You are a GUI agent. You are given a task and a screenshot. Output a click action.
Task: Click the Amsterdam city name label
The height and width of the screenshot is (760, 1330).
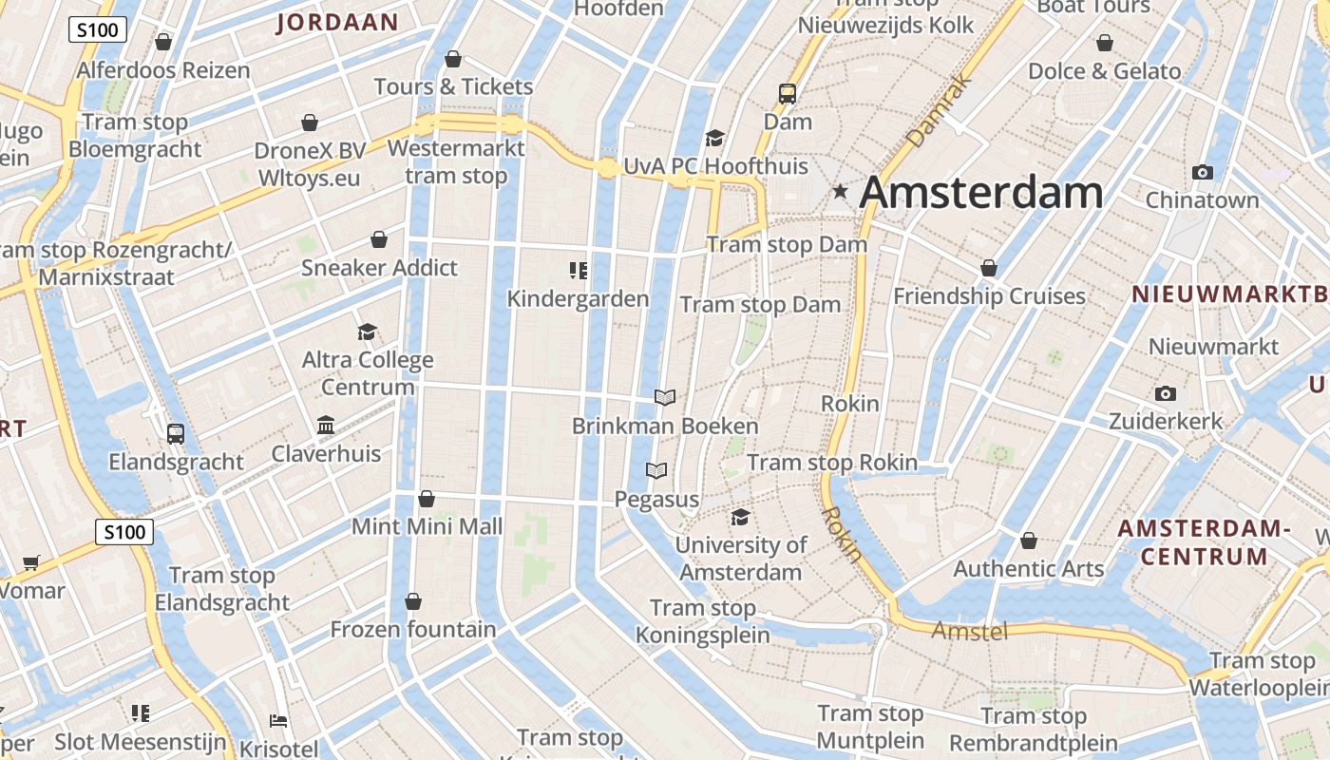point(980,193)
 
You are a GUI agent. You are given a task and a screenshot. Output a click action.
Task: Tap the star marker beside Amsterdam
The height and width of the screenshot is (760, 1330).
point(840,192)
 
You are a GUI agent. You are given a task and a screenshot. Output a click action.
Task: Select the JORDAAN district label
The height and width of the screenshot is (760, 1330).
point(337,23)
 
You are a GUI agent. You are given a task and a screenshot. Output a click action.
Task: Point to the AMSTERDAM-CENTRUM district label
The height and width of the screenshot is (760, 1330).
point(1205,542)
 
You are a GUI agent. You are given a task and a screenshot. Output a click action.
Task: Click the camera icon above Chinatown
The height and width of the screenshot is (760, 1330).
point(1203,172)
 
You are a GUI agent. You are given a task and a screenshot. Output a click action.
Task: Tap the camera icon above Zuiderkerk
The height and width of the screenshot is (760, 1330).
point(1166,393)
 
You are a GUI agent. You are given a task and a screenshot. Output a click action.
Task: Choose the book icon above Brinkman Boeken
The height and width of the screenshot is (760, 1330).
point(665,397)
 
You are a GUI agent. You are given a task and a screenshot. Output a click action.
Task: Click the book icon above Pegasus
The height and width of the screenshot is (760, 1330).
point(656,470)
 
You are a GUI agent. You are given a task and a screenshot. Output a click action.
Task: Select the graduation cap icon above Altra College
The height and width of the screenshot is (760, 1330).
point(367,332)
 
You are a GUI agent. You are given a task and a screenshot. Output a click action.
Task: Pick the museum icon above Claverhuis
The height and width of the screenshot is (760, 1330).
point(326,425)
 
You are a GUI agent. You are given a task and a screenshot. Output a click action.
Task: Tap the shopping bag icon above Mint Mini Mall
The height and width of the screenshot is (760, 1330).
point(427,499)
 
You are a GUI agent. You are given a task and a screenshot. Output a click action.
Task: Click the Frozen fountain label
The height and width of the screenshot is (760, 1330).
point(413,629)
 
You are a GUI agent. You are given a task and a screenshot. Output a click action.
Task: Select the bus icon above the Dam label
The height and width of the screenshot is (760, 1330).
point(788,93)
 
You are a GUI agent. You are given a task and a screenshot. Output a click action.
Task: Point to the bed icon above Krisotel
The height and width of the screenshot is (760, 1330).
point(277,720)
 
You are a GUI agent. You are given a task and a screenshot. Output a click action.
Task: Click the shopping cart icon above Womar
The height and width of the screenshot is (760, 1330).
point(30,562)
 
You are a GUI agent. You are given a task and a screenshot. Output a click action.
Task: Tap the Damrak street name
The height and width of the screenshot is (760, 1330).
point(937,111)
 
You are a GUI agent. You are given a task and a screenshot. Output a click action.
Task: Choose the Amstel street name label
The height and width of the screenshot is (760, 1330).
point(969,631)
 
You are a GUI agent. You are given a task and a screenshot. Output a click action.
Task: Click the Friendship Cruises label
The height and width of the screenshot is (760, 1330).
point(989,296)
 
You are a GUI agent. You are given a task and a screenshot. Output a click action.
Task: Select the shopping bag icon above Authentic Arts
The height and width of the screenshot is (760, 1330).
point(1028,541)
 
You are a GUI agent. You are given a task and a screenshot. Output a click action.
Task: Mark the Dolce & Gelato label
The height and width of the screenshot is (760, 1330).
point(1105,71)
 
